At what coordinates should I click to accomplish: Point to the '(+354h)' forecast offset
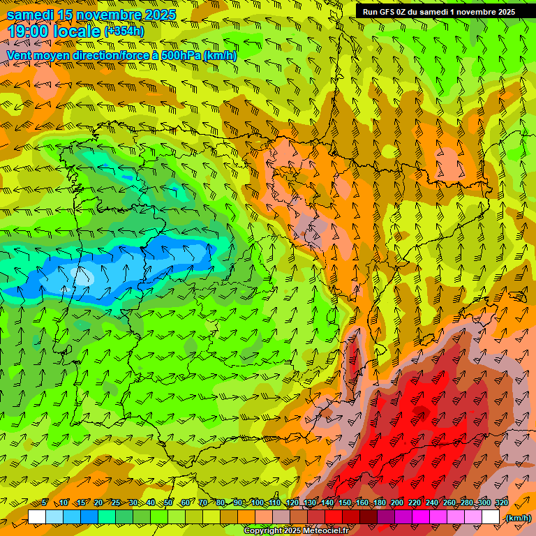[x=124, y=31]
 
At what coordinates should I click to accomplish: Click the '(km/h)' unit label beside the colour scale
[x=517, y=518]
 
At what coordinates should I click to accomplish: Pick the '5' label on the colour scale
[x=45, y=503]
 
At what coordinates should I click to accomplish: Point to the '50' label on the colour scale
[x=168, y=503]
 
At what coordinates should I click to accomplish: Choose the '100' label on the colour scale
[x=258, y=503]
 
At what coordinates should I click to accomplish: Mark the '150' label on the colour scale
[x=345, y=503]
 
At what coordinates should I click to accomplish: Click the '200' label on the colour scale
[x=397, y=503]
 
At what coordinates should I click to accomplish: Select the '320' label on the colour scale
[x=500, y=503]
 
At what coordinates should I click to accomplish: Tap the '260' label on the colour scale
[x=449, y=503]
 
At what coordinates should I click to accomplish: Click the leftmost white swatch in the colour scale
[x=37, y=517]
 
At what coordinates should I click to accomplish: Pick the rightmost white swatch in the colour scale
[x=491, y=517]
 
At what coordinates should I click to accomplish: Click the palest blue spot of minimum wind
[x=82, y=276]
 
